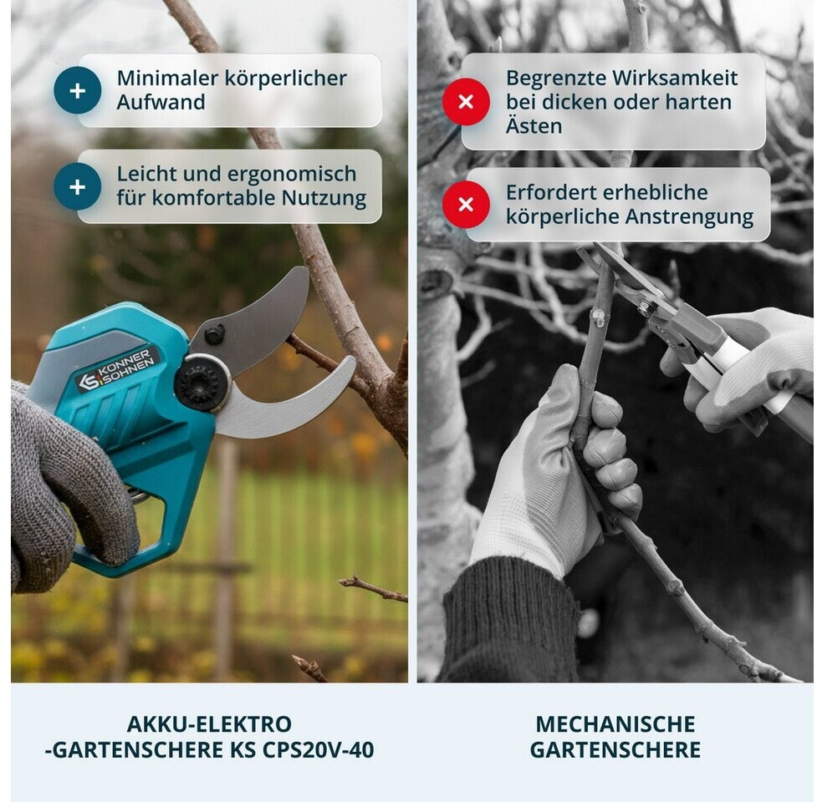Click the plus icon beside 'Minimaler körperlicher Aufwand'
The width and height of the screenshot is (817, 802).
click(x=77, y=90)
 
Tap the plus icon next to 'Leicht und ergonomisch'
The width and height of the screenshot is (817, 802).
click(x=77, y=186)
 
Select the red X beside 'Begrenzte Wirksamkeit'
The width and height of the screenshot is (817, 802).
click(x=466, y=101)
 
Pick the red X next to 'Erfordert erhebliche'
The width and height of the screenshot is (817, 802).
click(x=466, y=204)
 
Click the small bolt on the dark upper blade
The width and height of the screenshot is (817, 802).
click(x=214, y=333)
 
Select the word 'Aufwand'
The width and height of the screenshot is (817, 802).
click(x=161, y=102)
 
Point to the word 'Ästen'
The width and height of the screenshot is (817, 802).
click(x=534, y=125)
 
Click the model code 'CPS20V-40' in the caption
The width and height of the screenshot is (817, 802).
click(x=318, y=750)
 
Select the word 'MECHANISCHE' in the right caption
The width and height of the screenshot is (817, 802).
click(x=615, y=724)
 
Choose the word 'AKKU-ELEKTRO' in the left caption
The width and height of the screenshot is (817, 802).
click(x=209, y=724)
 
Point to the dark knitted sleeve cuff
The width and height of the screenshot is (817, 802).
click(x=511, y=619)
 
